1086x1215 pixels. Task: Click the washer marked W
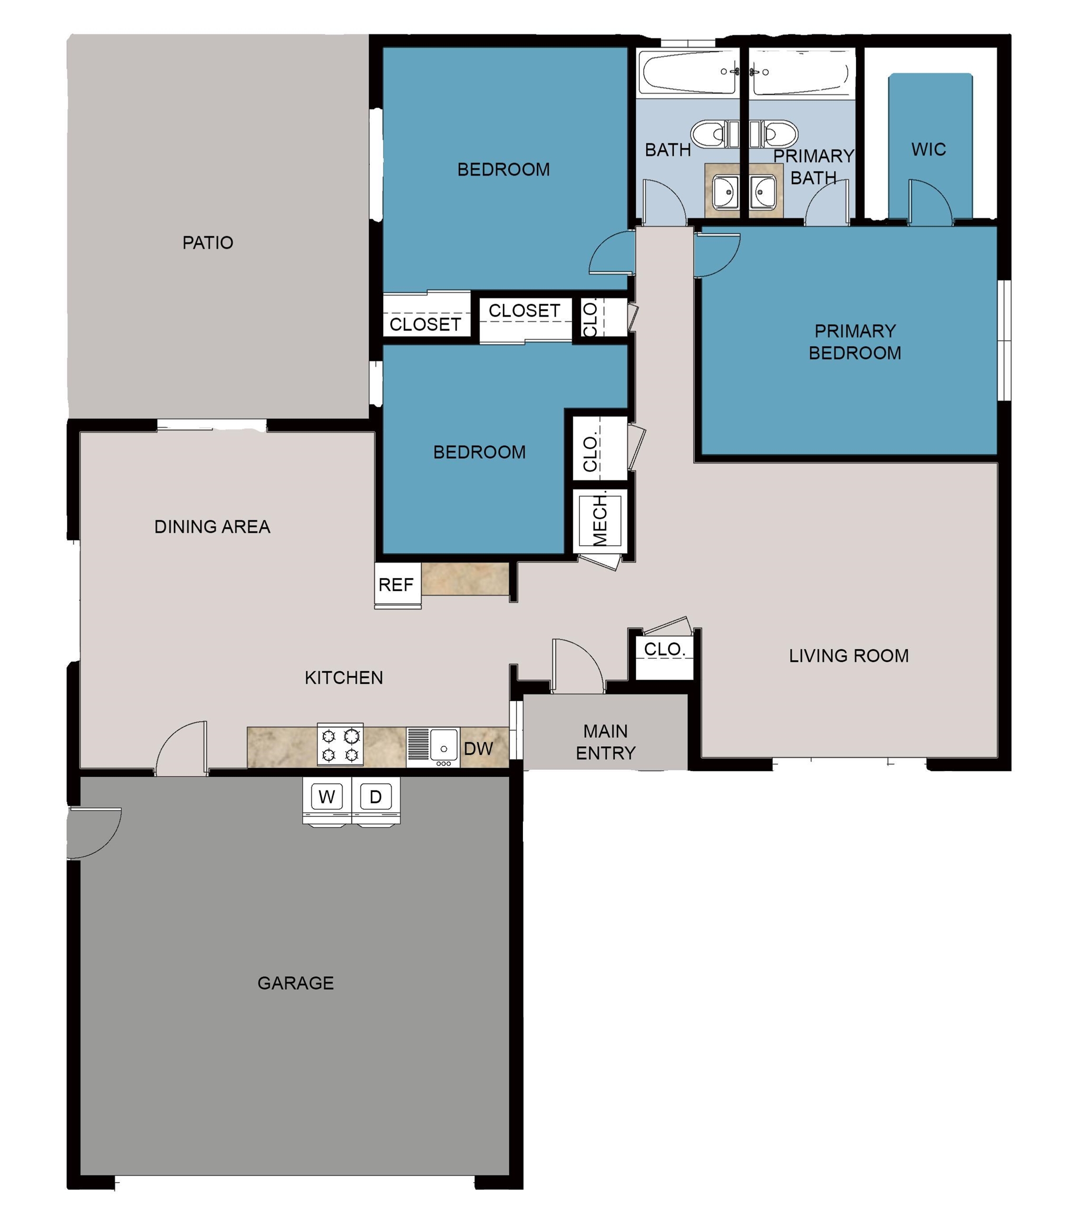click(x=326, y=799)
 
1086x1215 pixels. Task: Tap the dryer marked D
click(x=376, y=799)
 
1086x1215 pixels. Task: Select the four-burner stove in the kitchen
click(x=340, y=745)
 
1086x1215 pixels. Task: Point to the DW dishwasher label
click(x=478, y=749)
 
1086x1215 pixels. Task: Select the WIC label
click(x=928, y=149)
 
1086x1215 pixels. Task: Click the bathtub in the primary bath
click(x=801, y=73)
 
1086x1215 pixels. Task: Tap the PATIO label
click(x=208, y=243)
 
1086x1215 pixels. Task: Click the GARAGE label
click(x=295, y=983)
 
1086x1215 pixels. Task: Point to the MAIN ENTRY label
click(x=605, y=742)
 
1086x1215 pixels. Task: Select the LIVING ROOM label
click(x=849, y=656)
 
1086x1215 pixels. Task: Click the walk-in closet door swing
click(x=929, y=201)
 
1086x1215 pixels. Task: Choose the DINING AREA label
click(x=212, y=527)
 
